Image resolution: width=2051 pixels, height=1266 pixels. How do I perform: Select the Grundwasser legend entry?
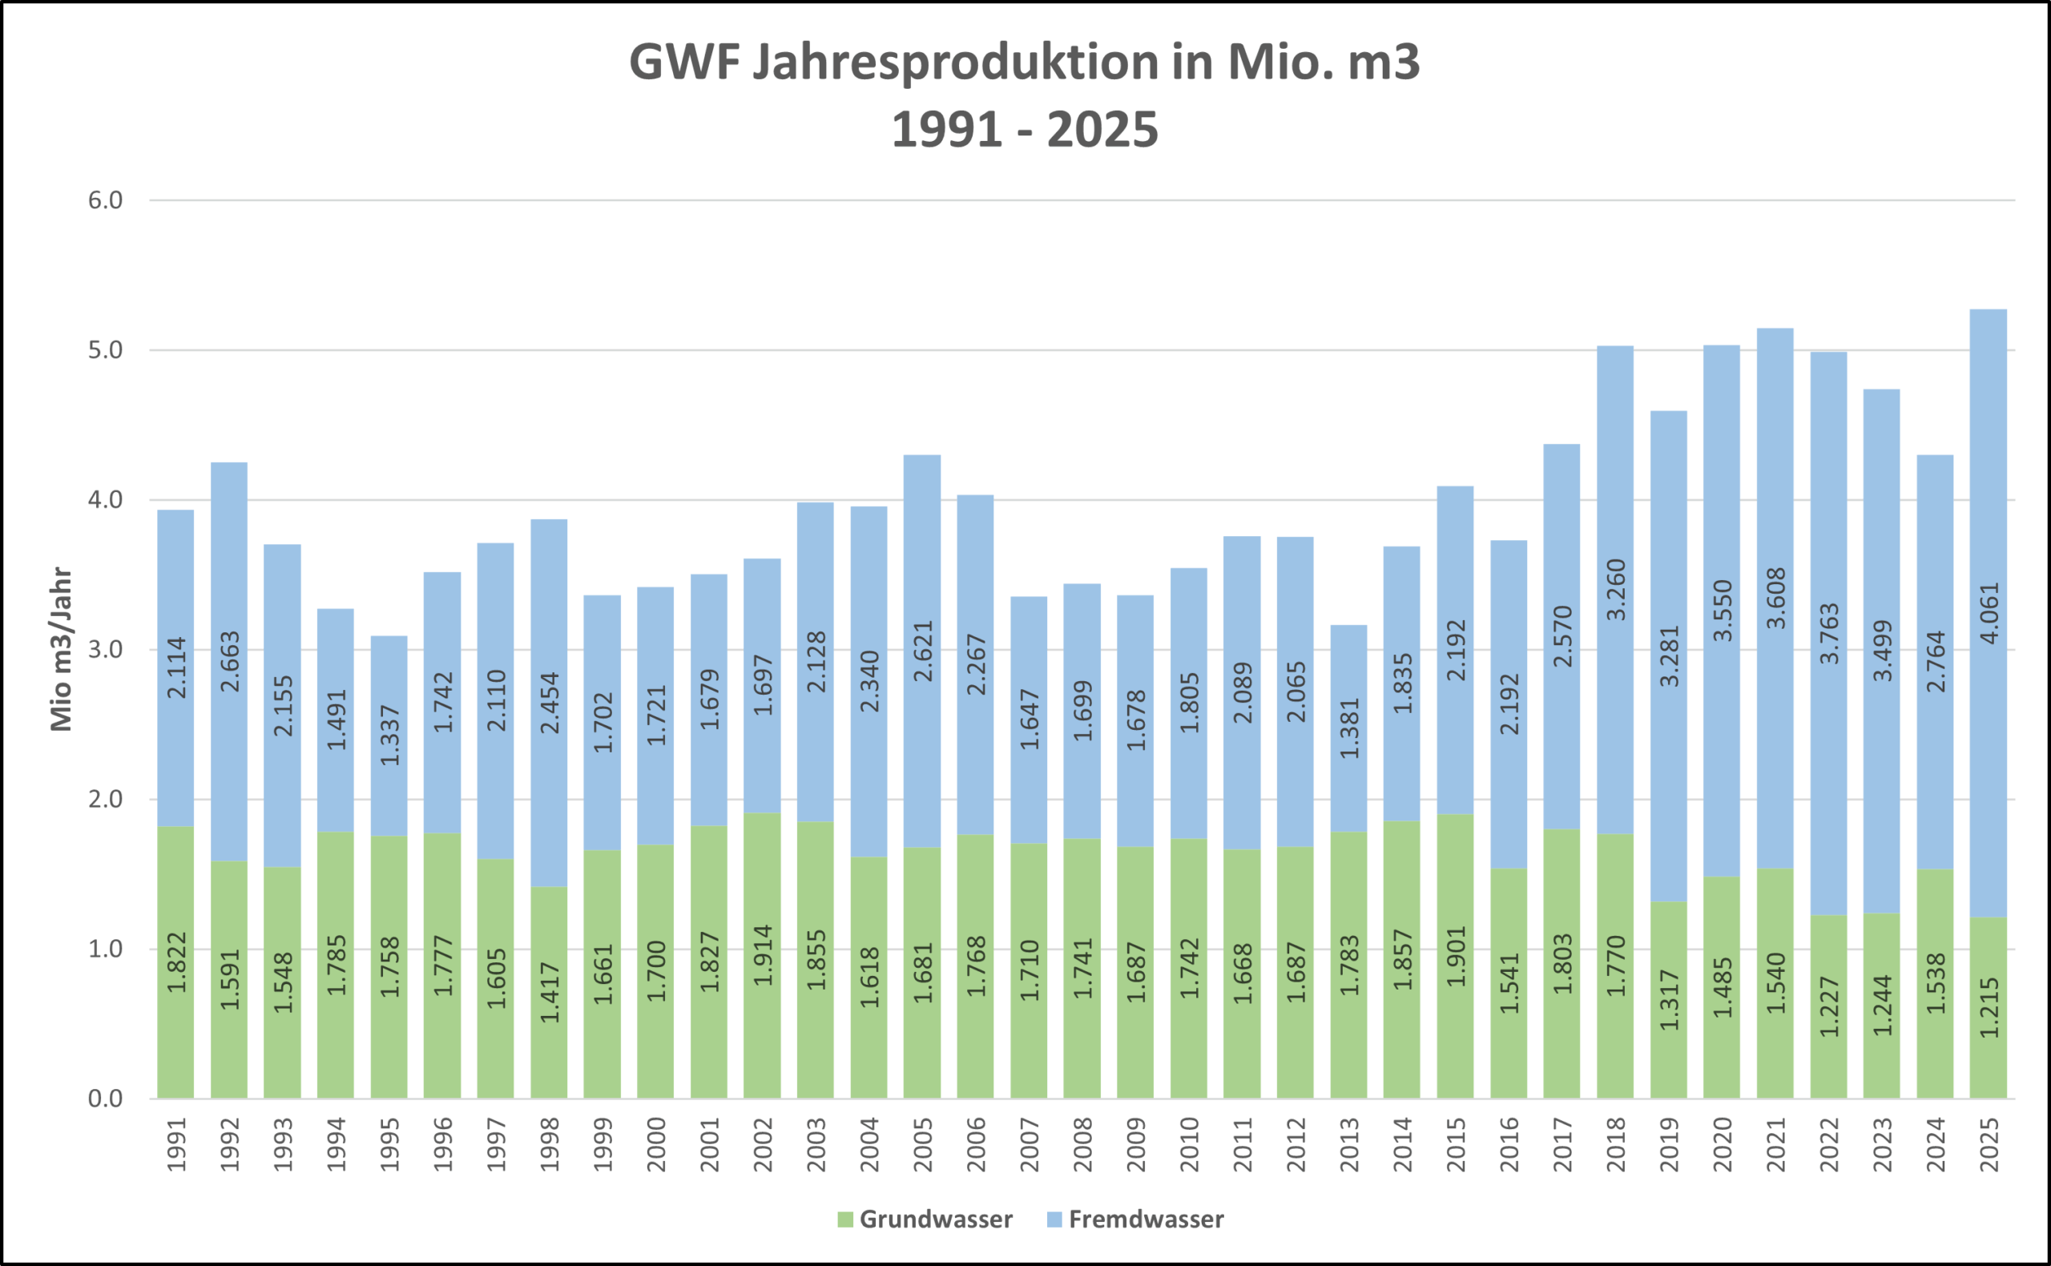click(925, 1219)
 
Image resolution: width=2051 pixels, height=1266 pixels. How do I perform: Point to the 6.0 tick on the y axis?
click(106, 200)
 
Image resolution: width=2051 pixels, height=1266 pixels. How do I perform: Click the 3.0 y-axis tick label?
click(106, 650)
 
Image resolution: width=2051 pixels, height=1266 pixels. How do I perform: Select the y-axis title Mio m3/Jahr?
click(61, 650)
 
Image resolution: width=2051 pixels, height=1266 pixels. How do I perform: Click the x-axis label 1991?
click(175, 1144)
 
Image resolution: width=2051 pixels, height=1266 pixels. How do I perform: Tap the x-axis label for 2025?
click(1989, 1144)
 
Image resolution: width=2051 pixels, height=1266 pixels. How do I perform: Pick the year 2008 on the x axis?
click(1082, 1144)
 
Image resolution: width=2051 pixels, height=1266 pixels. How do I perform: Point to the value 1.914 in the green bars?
click(763, 954)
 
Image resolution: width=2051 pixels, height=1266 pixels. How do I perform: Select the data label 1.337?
click(390, 735)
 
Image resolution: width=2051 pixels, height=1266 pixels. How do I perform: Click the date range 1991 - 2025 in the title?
click(1025, 130)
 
